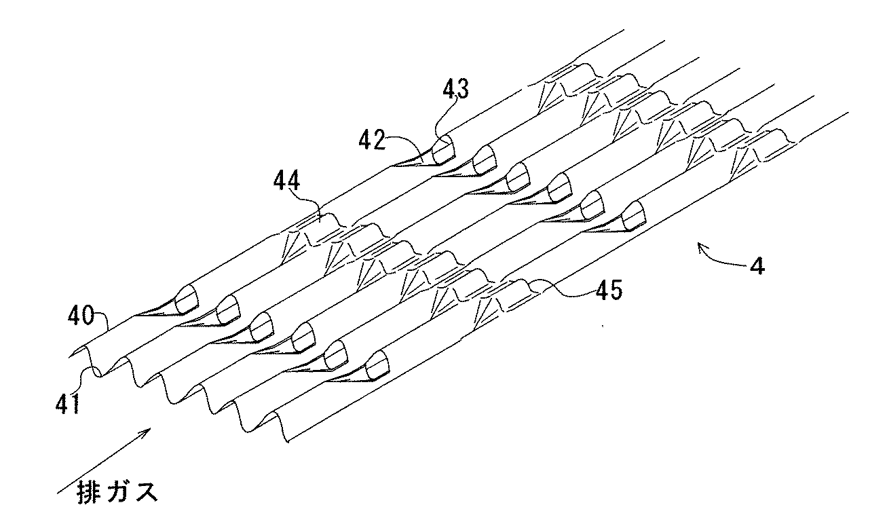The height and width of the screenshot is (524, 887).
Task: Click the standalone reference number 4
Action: (758, 265)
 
